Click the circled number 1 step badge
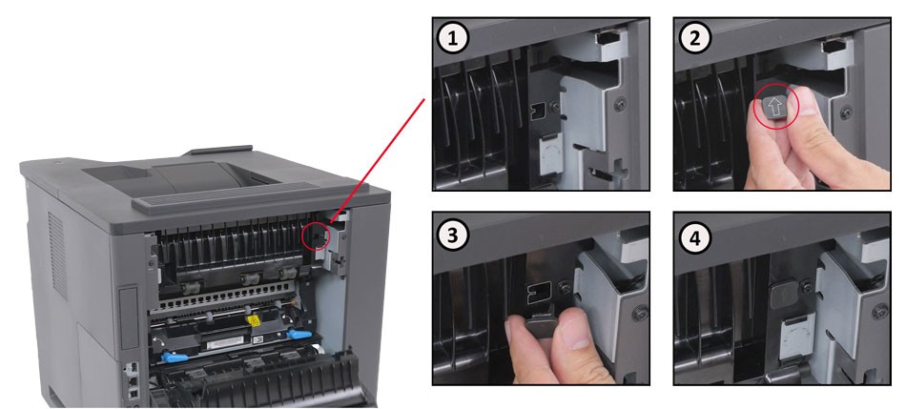pos(453,38)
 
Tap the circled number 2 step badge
pos(694,38)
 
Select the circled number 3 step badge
pos(453,236)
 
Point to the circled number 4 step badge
pos(694,236)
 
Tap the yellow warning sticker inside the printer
pos(252,319)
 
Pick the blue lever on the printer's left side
pos(174,357)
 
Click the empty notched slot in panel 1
pos(537,113)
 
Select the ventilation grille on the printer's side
pos(58,254)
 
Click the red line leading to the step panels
pos(378,160)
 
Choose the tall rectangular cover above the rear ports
pos(130,318)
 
